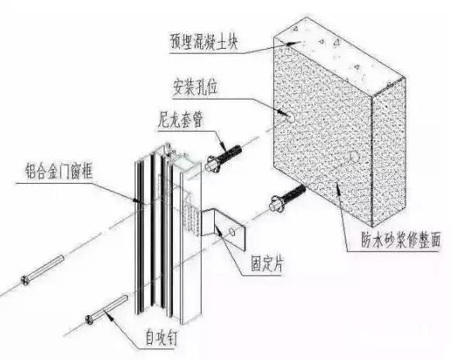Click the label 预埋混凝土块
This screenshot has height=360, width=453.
coord(204,42)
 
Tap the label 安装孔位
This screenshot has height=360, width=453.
coord(195,88)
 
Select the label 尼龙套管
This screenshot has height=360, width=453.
coord(181,119)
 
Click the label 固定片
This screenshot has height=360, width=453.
coord(268,264)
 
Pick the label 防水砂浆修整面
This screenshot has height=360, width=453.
coord(401,241)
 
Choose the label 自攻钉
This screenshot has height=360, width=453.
coord(161,337)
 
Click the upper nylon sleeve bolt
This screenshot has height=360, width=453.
coord(223,158)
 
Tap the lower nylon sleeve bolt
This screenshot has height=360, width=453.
coord(288,198)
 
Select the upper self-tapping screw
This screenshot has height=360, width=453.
coord(42,271)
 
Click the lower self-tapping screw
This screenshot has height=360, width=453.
coord(106,310)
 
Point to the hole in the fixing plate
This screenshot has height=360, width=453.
coord(232,231)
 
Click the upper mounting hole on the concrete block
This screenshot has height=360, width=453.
coord(290,117)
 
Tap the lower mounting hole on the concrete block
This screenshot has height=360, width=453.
coord(354,156)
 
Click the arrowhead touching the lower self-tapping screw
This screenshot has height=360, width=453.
coord(109,316)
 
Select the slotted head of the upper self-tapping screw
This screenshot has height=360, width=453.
coord(25,280)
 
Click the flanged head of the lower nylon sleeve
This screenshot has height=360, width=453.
coord(274,205)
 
